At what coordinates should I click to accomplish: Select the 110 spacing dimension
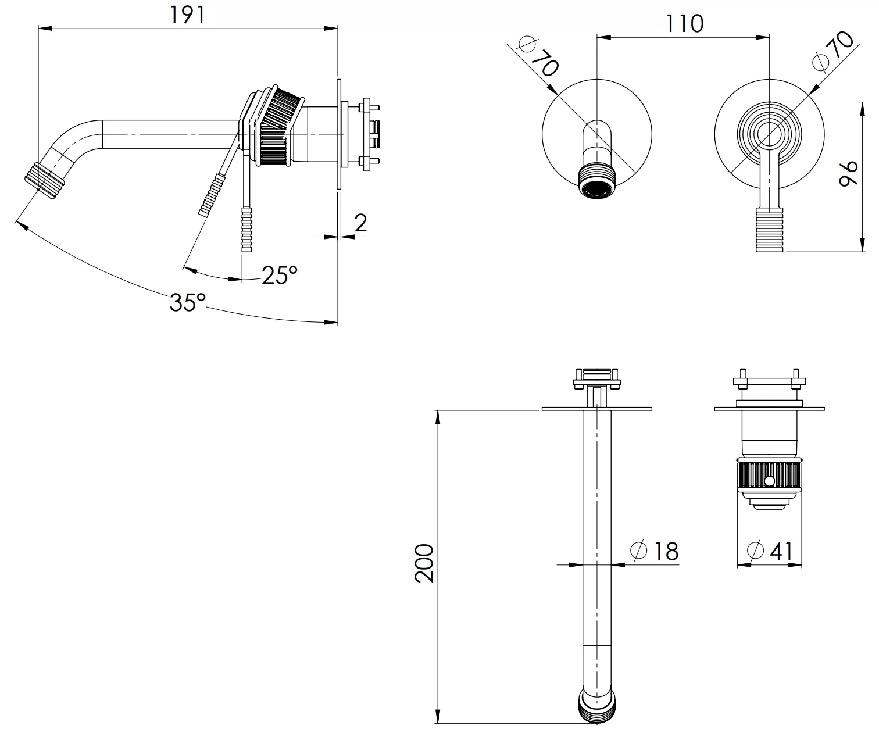pyautogui.click(x=684, y=24)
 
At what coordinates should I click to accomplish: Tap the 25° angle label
pyautogui.click(x=280, y=275)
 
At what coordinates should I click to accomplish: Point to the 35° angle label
pyautogui.click(x=188, y=302)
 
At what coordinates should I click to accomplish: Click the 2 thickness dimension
pyautogui.click(x=360, y=223)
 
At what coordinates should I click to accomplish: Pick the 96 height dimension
pyautogui.click(x=849, y=174)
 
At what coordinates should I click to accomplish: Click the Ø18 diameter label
pyautogui.click(x=655, y=551)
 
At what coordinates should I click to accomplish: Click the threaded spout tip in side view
pyautogui.click(x=45, y=177)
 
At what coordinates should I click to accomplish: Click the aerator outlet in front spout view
pyautogui.click(x=596, y=189)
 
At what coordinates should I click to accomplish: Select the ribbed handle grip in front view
pyautogui.click(x=770, y=230)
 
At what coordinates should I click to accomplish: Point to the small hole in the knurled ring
pyautogui.click(x=770, y=481)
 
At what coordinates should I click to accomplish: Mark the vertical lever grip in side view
pyautogui.click(x=247, y=230)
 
